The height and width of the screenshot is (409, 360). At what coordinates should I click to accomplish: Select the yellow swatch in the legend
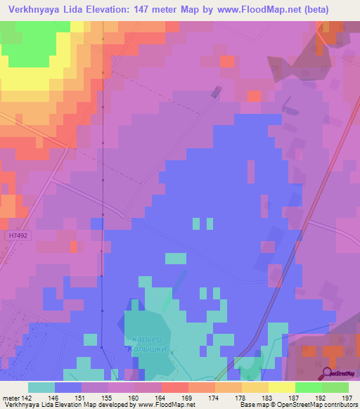pyautogui.click(x=281, y=387)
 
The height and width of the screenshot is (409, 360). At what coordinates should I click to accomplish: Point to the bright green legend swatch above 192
pyautogui.click(x=308, y=387)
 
